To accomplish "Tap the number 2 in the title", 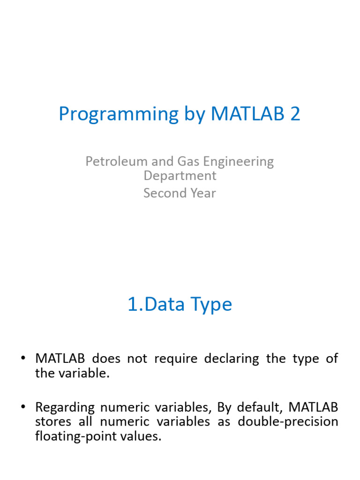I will [x=295, y=114].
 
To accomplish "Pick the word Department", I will [x=180, y=176].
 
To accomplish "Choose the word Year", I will [x=203, y=193].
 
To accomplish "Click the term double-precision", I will [x=288, y=421].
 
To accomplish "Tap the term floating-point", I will [x=72, y=436].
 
